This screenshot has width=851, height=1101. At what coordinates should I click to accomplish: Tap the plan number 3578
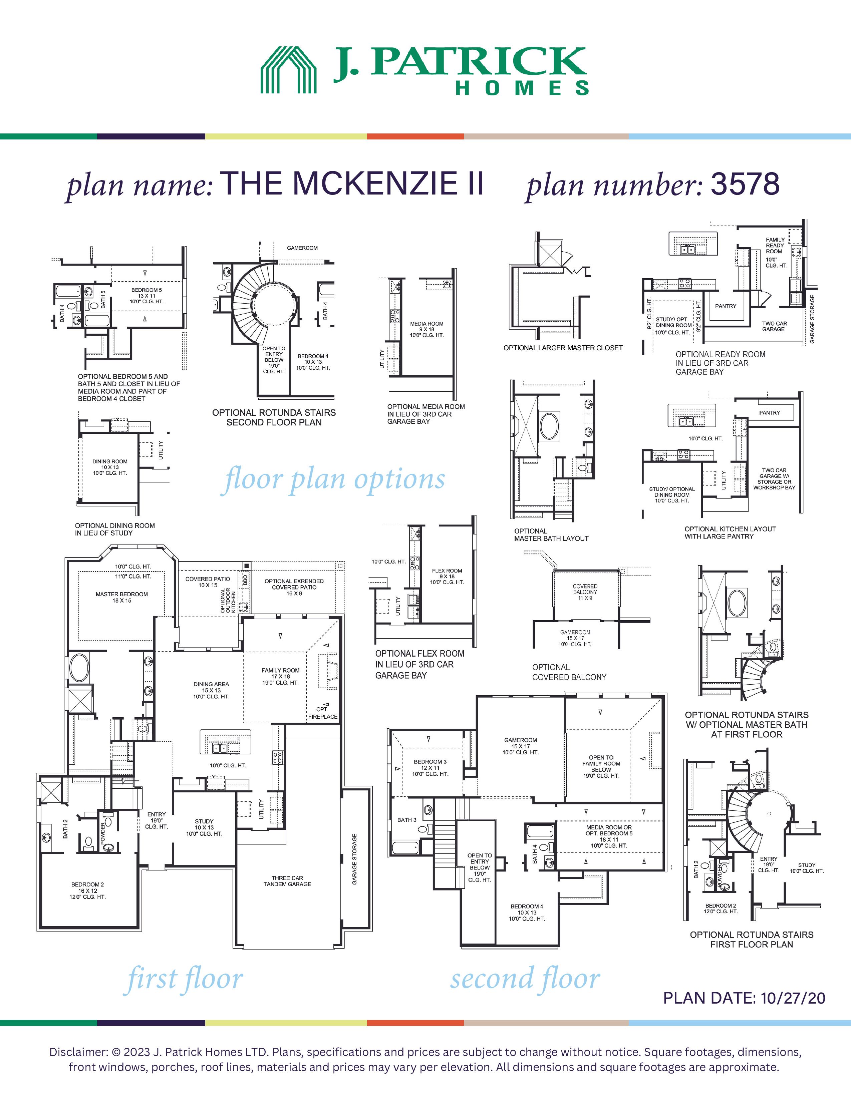tap(745, 185)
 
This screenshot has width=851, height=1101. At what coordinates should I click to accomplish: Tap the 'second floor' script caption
tap(525, 979)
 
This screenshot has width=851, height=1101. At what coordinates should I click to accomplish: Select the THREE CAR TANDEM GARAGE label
tap(287, 881)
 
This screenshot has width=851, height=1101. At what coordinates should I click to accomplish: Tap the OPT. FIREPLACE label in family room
tap(323, 713)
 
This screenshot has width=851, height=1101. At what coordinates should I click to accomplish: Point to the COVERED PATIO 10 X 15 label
tap(208, 582)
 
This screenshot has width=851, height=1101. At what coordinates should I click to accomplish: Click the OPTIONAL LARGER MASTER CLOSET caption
tap(563, 348)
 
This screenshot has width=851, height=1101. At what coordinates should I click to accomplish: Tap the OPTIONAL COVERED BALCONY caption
tap(569, 672)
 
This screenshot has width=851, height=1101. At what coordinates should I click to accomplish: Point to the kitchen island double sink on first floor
tap(220, 748)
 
